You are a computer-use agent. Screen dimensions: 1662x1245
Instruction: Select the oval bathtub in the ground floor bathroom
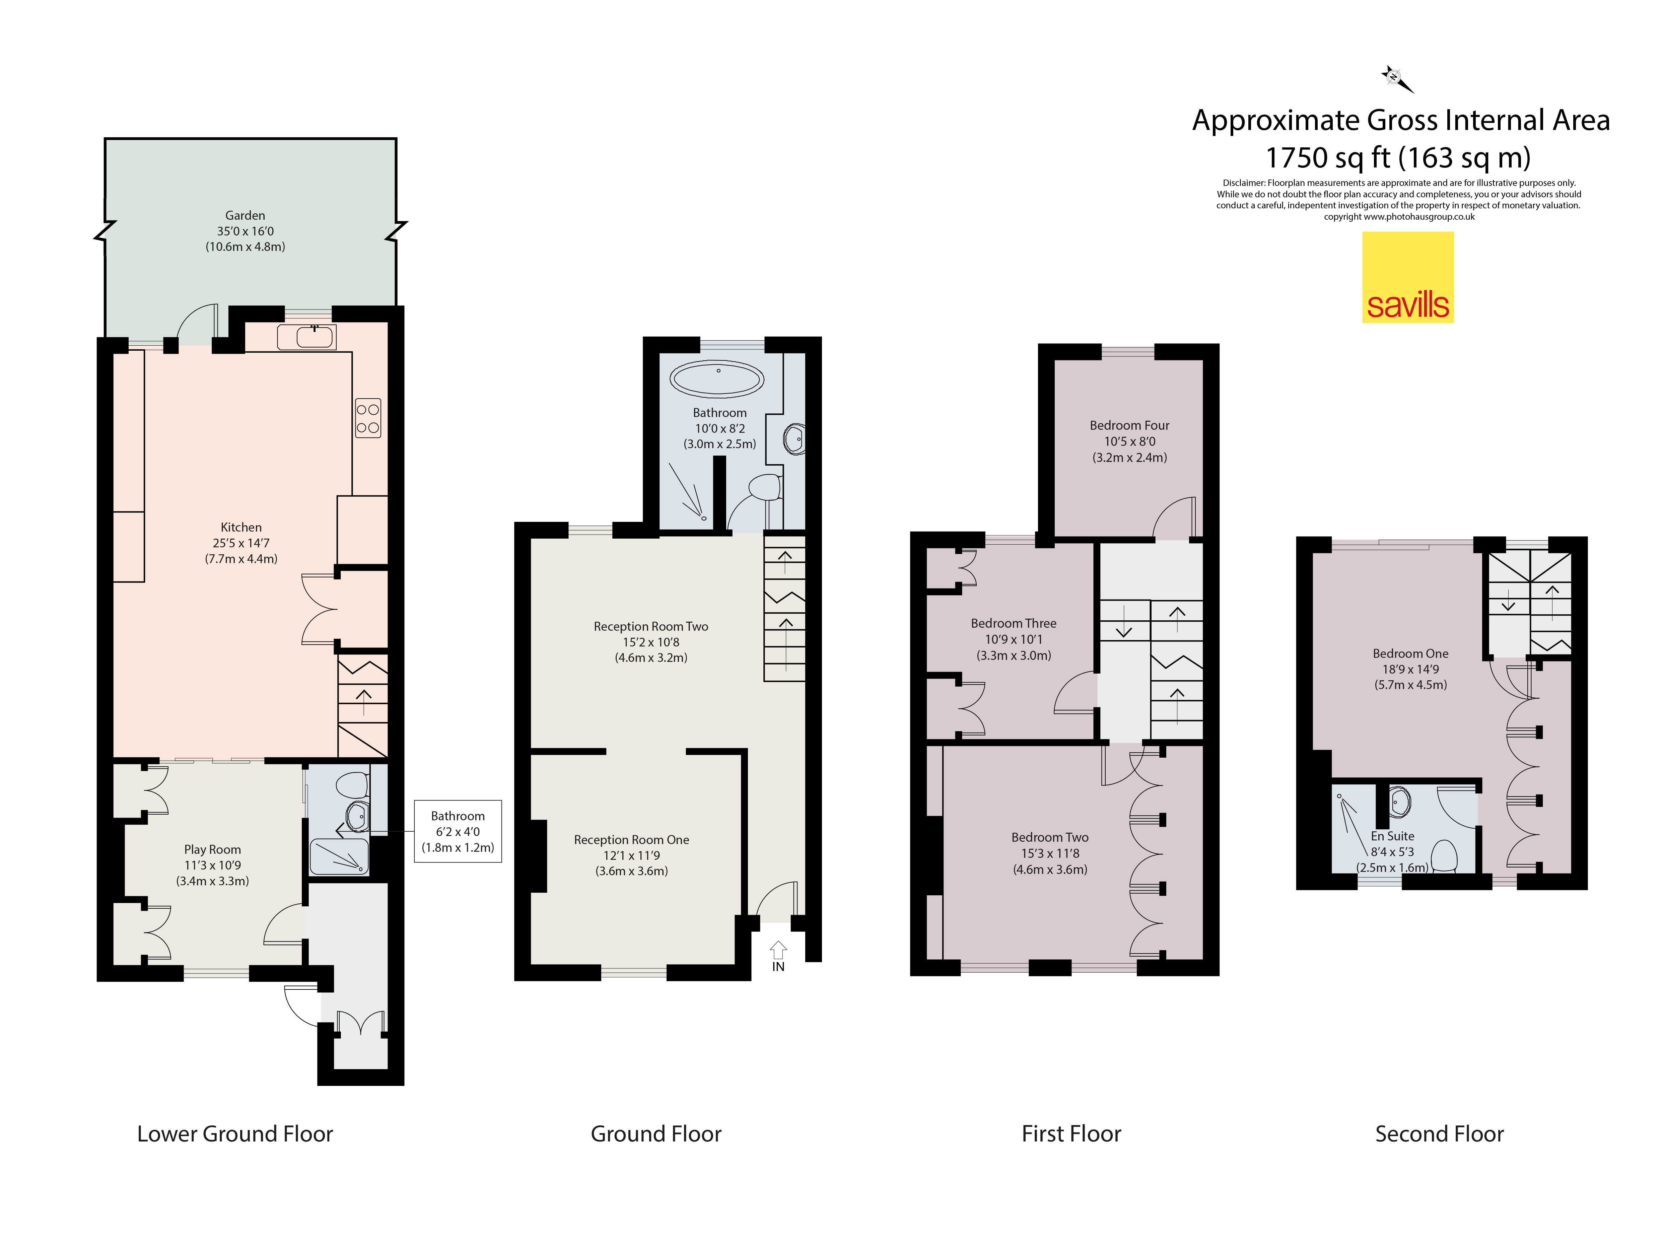point(717,379)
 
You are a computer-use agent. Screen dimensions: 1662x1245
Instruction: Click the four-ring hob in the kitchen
point(368,418)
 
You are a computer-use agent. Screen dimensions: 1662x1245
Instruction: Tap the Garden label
point(245,216)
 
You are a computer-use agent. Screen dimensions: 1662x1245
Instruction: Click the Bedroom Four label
point(1129,425)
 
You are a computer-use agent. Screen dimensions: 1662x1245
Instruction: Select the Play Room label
point(213,849)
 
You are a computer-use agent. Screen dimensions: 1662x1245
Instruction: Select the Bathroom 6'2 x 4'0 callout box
point(458,831)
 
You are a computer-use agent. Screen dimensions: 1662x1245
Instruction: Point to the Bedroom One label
point(1410,654)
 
